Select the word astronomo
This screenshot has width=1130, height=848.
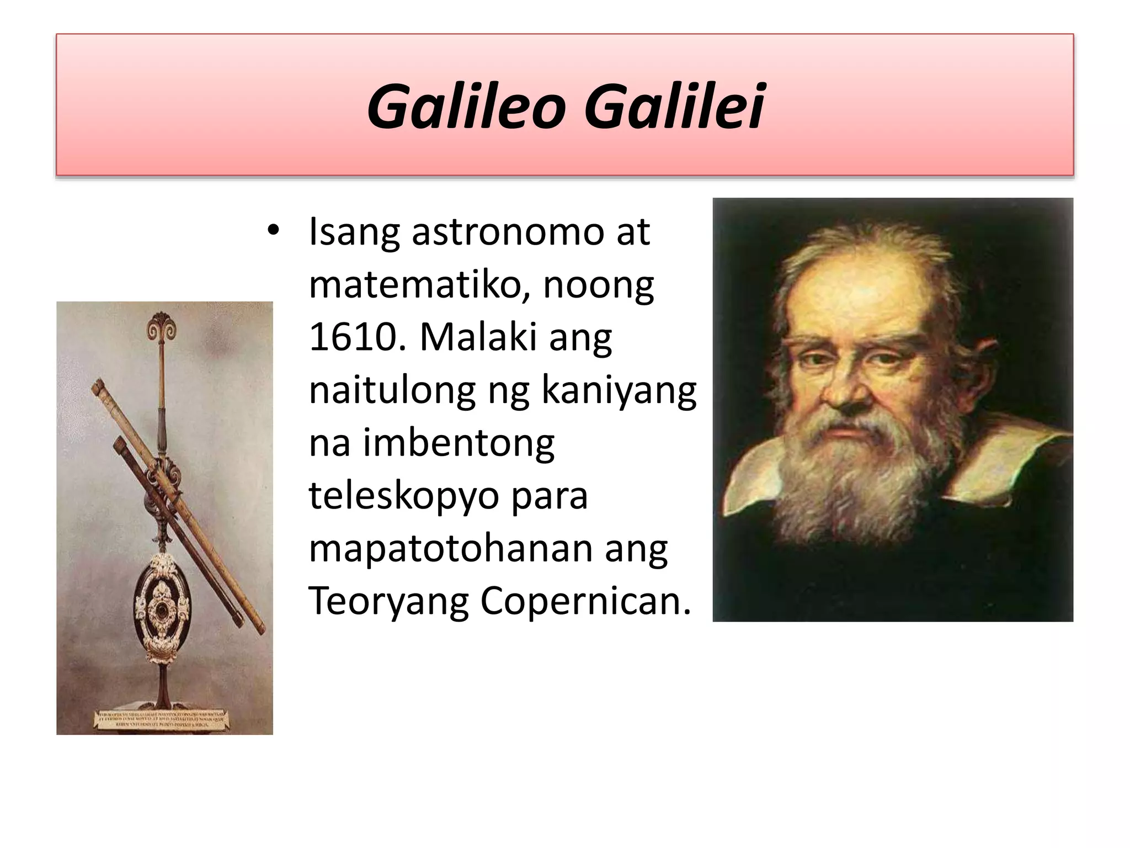[508, 232]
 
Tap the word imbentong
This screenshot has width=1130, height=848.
[458, 443]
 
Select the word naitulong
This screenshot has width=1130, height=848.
[392, 391]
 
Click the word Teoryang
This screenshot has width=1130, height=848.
[388, 602]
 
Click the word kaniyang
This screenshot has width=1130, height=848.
[619, 391]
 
